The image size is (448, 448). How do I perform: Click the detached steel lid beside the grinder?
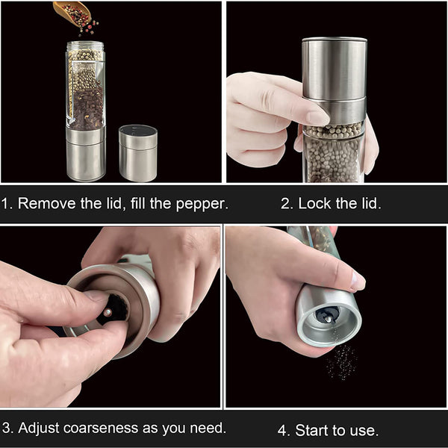click(x=137, y=152)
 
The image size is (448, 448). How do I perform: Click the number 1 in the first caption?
click(x=6, y=203)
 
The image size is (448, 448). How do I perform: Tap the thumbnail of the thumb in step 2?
click(x=317, y=117)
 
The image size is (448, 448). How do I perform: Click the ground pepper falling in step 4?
click(x=340, y=362)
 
